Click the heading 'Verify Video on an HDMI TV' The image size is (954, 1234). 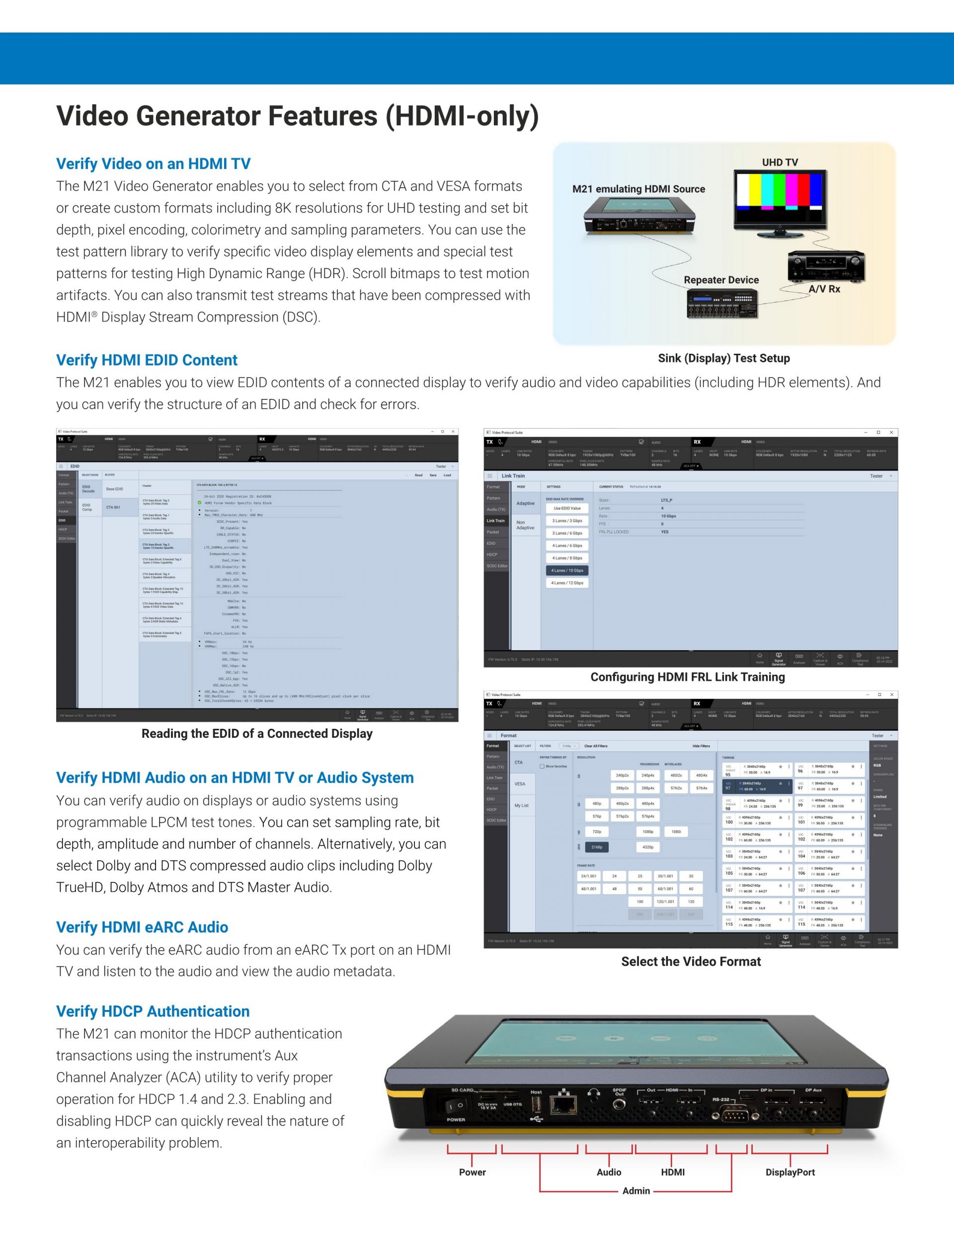tap(153, 164)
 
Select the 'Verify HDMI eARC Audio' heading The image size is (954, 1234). tap(142, 927)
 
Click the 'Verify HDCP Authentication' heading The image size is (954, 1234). tap(153, 1011)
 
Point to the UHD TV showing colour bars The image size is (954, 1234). tap(780, 201)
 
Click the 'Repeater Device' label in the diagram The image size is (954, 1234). tap(721, 280)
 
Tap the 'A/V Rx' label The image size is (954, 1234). tap(824, 289)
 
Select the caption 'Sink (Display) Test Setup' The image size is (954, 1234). tap(724, 358)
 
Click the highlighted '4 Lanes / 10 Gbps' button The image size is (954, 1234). tap(567, 571)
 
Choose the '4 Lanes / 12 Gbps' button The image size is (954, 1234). tap(567, 583)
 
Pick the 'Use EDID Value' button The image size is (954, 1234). tap(567, 509)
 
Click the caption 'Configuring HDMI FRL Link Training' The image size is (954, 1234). tap(687, 677)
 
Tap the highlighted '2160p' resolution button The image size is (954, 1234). tap(597, 847)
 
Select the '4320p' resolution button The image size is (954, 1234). tap(648, 847)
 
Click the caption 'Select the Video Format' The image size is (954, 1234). tap(691, 962)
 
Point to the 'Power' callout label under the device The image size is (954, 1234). tap(472, 1172)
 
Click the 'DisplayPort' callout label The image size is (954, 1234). tap(790, 1172)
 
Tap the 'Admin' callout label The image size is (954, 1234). tap(636, 1191)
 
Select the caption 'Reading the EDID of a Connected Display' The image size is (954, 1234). tap(256, 733)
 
